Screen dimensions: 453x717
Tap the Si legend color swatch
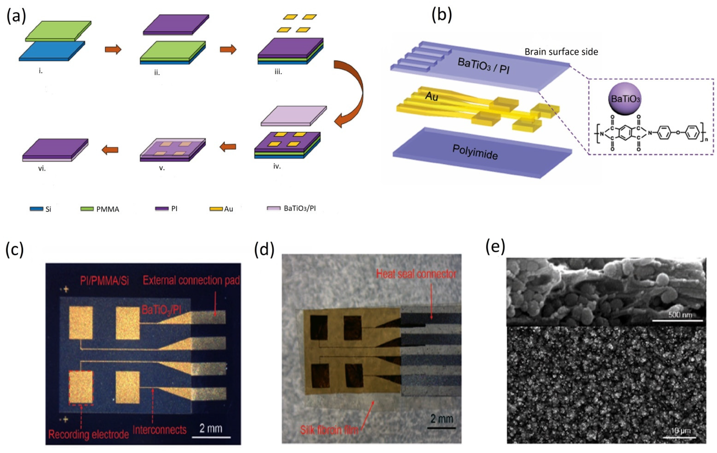pyautogui.click(x=36, y=209)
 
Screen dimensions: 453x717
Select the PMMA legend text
pyautogui.click(x=107, y=209)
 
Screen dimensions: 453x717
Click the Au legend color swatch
pyautogui.click(x=216, y=209)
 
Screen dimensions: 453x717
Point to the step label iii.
pyautogui.click(x=278, y=72)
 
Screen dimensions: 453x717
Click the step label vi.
pyautogui.click(x=42, y=169)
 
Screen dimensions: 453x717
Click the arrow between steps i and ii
pyautogui.click(x=113, y=49)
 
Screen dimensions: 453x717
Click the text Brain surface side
pyautogui.click(x=561, y=52)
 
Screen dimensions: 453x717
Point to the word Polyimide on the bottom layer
pyautogui.click(x=475, y=151)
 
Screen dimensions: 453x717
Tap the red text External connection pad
pyautogui.click(x=191, y=280)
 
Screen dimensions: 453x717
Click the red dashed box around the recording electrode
pyautogui.click(x=81, y=387)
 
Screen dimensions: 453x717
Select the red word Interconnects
pyautogui.click(x=160, y=430)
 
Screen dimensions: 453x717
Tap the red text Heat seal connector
pyautogui.click(x=416, y=274)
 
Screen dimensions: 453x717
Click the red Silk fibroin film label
pyautogui.click(x=329, y=430)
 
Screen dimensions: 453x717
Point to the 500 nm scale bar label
pyautogui.click(x=678, y=315)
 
